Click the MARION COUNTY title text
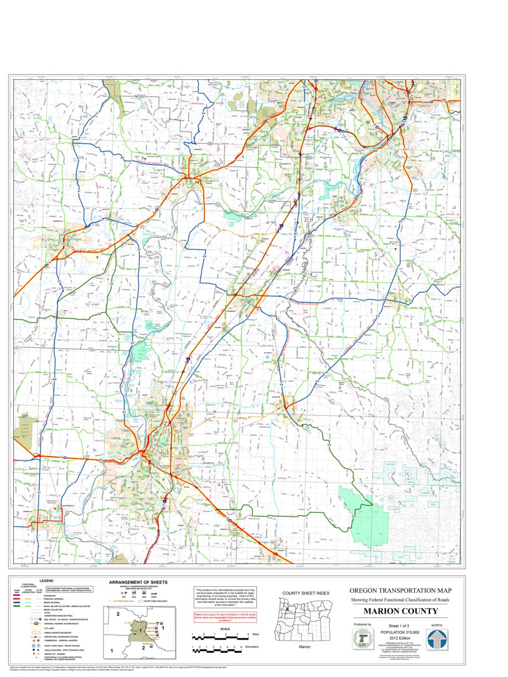pos(400,611)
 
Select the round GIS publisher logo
pos(362,640)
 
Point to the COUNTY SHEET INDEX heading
pos(305,593)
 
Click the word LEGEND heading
pos(46,581)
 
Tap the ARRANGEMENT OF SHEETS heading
pos(138,582)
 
